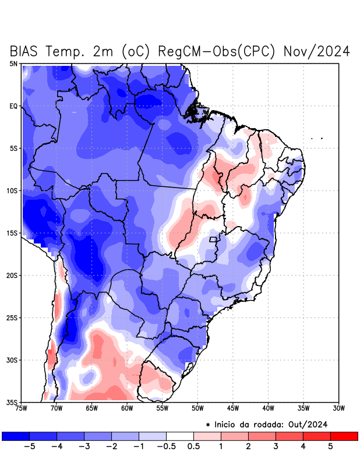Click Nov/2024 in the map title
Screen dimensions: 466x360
point(316,51)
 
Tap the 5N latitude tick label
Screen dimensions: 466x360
point(13,63)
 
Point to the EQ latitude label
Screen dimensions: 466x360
point(13,106)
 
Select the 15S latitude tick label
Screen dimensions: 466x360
point(12,233)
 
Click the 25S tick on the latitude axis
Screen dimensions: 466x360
point(12,317)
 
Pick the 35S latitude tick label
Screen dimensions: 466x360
point(12,402)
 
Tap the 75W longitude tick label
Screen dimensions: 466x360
point(22,408)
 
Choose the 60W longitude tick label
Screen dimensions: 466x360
point(127,408)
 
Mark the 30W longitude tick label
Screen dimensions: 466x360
point(338,408)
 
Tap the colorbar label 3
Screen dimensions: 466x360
point(276,447)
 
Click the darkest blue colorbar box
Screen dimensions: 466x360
point(16,436)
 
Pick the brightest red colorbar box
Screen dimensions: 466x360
point(344,436)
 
